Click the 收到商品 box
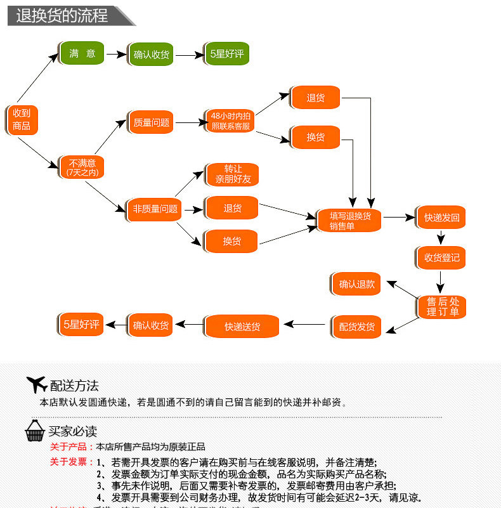coord(22,119)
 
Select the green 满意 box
coord(82,54)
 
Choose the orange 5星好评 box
coord(81,325)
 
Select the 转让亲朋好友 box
coord(233,174)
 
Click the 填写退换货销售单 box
coord(350,220)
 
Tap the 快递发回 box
coord(441,218)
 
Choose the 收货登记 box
coord(441,257)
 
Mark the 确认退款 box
coord(356,284)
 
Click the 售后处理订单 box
coord(442,307)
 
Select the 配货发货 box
coord(356,327)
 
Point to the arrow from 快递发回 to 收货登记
coord(441,237)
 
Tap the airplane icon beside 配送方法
coord(37,384)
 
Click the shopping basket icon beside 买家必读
coord(35,431)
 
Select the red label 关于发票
coord(71,462)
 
